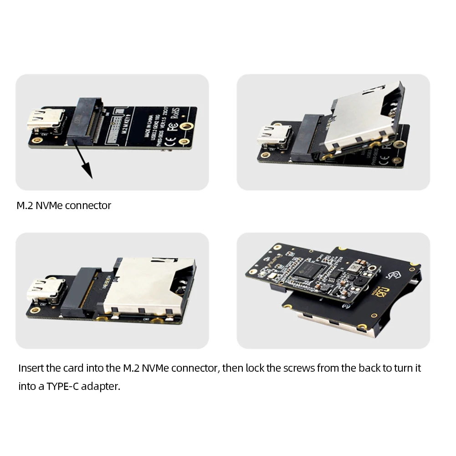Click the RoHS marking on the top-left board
click(175, 117)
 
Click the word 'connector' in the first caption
click(88, 205)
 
